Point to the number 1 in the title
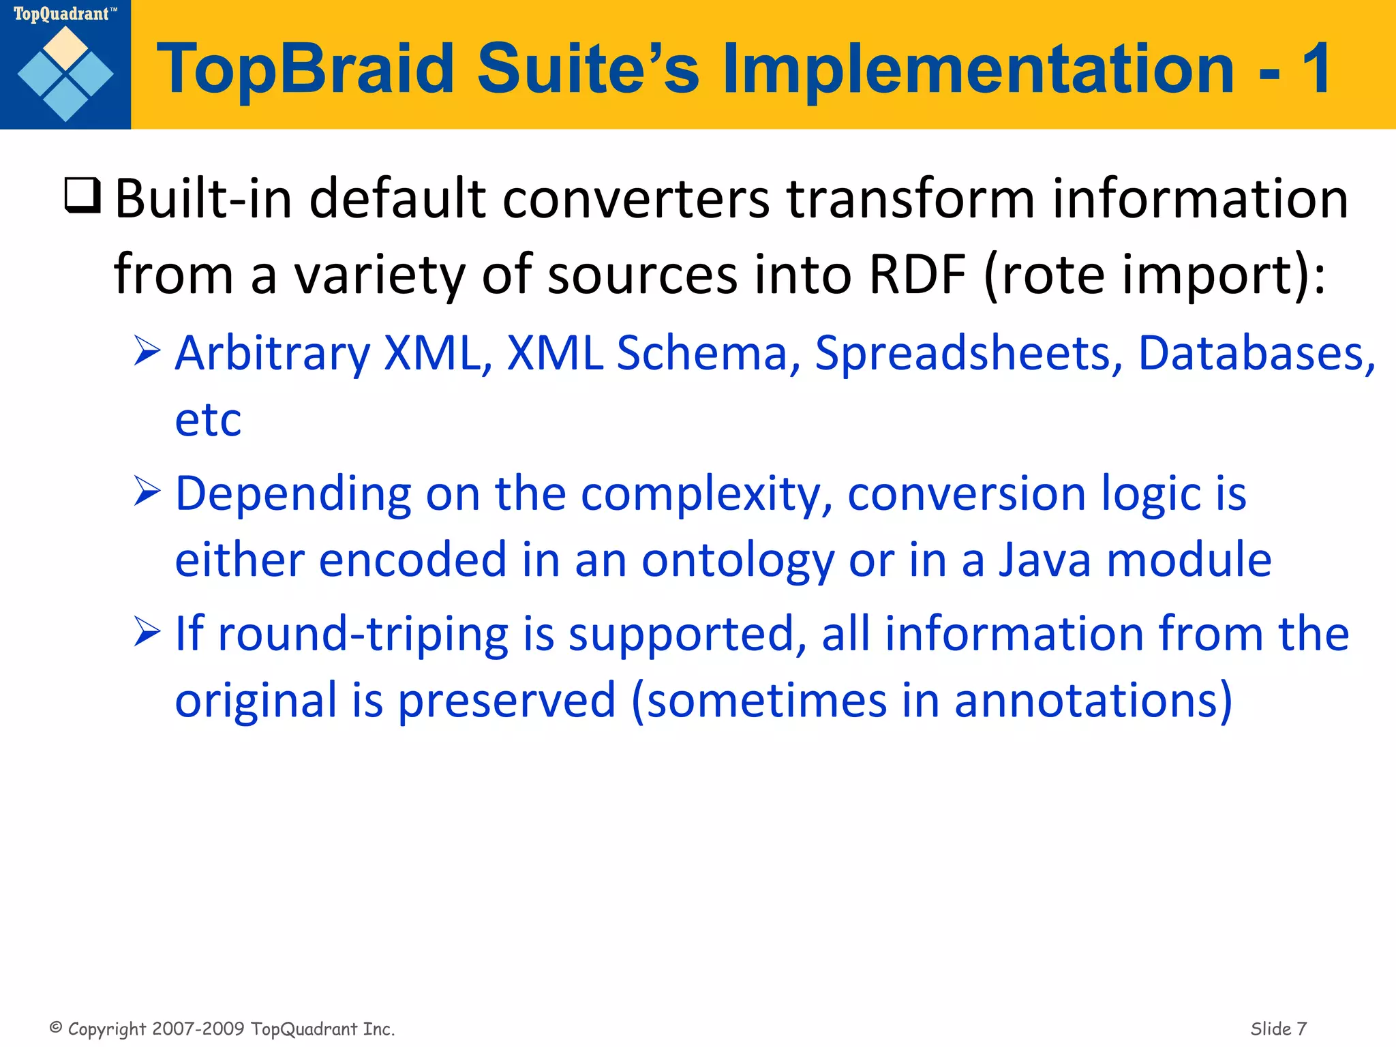[x=1316, y=68]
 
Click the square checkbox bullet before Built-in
[x=82, y=196]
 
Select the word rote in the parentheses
[x=1052, y=274]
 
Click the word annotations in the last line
[x=1092, y=700]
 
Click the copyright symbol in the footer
[x=57, y=1027]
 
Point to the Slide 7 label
[x=1278, y=1028]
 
